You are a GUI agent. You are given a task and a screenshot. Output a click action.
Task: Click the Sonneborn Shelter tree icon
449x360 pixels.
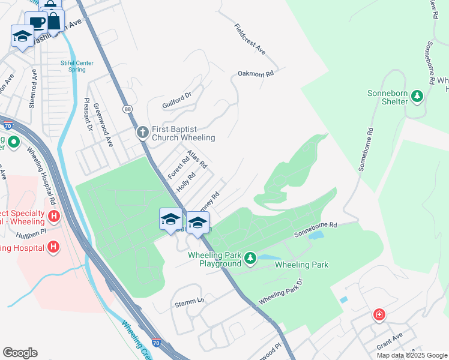pyautogui.click(x=415, y=96)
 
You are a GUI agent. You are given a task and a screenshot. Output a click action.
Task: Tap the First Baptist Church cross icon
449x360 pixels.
pyautogui.click(x=142, y=133)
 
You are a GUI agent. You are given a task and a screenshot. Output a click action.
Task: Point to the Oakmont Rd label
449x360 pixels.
pyautogui.click(x=256, y=73)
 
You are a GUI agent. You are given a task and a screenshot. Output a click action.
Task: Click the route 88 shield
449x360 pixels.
pyautogui.click(x=127, y=109)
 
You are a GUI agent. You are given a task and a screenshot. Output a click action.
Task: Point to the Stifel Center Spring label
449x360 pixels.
pyautogui.click(x=73, y=65)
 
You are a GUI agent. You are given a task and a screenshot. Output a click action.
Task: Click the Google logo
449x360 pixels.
pyautogui.click(x=20, y=352)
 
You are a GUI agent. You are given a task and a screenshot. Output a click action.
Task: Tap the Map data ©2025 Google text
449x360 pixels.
pyautogui.click(x=411, y=355)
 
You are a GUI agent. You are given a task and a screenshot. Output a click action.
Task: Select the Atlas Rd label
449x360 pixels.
pyautogui.click(x=197, y=159)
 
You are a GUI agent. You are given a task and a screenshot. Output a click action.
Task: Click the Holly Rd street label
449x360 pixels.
pyautogui.click(x=187, y=182)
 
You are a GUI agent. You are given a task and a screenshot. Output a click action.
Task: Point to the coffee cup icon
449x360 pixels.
pyautogui.click(x=37, y=23)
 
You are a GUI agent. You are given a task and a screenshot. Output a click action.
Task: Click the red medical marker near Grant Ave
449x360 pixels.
pyautogui.click(x=379, y=314)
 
